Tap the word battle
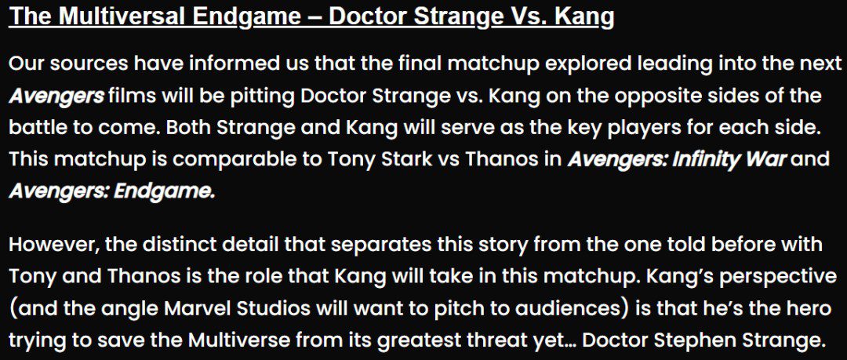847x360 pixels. pyautogui.click(x=36, y=128)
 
